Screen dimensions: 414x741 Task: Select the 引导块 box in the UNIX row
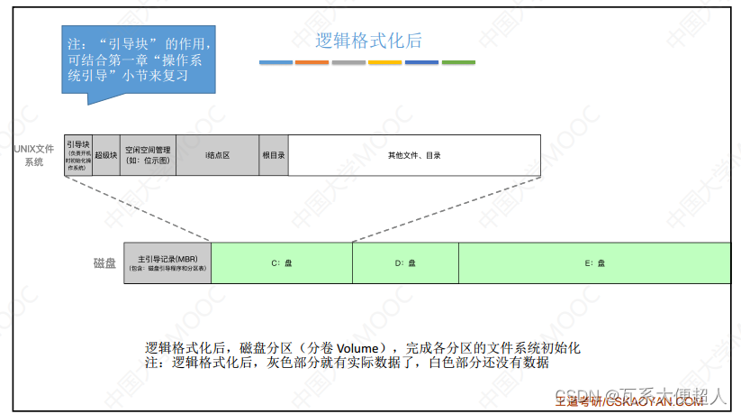pyautogui.click(x=77, y=154)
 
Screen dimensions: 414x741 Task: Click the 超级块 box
pyautogui.click(x=105, y=154)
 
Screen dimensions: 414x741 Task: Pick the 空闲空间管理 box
pyautogui.click(x=148, y=154)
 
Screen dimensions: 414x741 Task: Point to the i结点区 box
pyautogui.click(x=218, y=154)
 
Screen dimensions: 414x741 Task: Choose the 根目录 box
pyautogui.click(x=274, y=154)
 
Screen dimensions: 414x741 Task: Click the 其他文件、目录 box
pyautogui.click(x=413, y=154)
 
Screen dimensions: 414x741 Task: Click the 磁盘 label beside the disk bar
pyautogui.click(x=104, y=262)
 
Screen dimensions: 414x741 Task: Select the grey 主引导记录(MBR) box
pyautogui.click(x=167, y=262)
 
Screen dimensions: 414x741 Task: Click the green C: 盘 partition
pyautogui.click(x=282, y=262)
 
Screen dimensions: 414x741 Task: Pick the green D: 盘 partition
pyautogui.click(x=405, y=262)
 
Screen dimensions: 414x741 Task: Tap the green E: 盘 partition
pyautogui.click(x=594, y=262)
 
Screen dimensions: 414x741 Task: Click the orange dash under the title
pyautogui.click(x=312, y=62)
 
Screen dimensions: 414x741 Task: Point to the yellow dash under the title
pyautogui.click(x=384, y=62)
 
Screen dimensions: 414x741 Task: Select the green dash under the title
pyautogui.click(x=457, y=62)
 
